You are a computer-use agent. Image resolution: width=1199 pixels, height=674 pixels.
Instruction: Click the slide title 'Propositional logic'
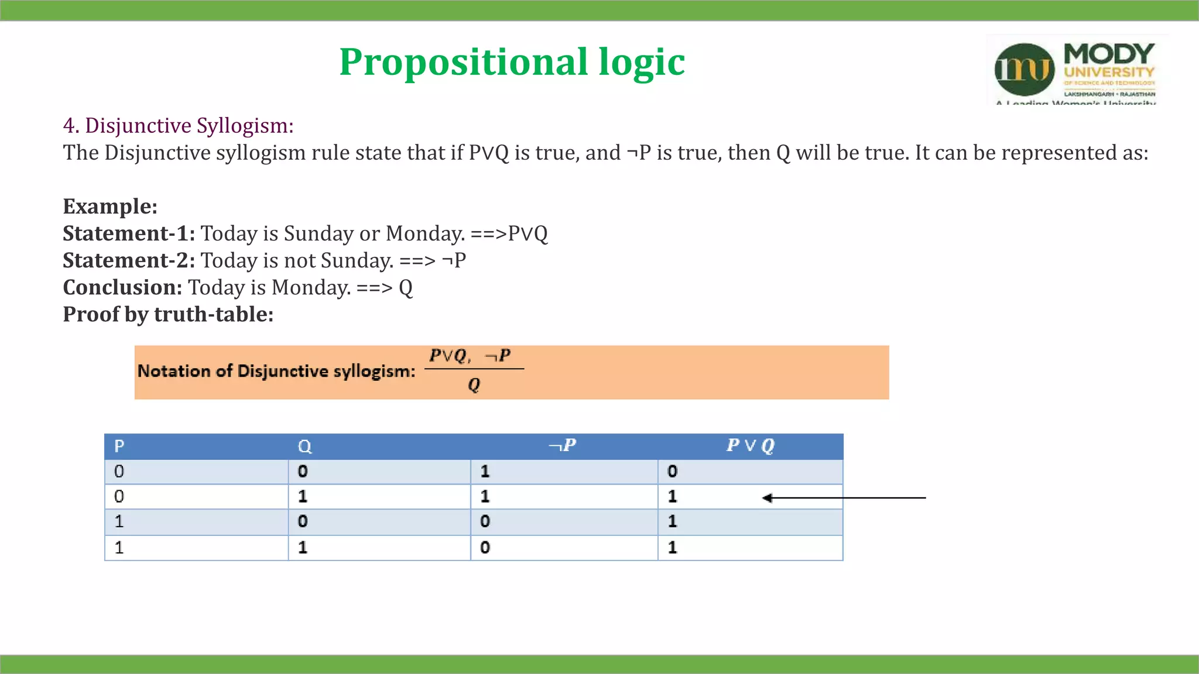(x=512, y=62)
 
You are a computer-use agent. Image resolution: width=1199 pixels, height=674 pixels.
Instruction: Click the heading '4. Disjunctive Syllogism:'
(x=178, y=126)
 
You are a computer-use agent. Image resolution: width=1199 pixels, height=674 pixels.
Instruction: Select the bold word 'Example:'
(x=110, y=207)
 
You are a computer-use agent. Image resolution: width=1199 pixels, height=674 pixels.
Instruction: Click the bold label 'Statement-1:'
(x=129, y=233)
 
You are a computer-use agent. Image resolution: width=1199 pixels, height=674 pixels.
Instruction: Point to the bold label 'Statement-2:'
(x=129, y=260)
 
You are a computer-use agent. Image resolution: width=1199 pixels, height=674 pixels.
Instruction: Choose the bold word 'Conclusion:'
(x=122, y=287)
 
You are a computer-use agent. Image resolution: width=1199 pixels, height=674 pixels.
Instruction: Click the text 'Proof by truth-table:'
(x=168, y=314)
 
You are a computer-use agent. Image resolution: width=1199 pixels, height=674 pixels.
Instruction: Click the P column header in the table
(x=119, y=446)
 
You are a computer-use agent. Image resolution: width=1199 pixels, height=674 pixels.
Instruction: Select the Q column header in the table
(x=304, y=446)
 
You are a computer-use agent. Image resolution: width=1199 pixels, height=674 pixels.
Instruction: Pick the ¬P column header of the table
(x=562, y=446)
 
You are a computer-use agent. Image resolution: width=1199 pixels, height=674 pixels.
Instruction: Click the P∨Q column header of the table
(x=750, y=446)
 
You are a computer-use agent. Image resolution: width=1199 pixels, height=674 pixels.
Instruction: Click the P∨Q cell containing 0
(x=673, y=472)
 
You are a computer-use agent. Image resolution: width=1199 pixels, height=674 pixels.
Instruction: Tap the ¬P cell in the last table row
(x=485, y=548)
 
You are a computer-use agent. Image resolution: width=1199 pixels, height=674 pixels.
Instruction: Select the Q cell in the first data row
(x=303, y=472)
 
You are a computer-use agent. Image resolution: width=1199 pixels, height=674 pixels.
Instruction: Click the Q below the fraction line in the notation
(x=474, y=385)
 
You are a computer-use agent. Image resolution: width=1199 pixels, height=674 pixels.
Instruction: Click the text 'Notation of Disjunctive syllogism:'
(x=276, y=372)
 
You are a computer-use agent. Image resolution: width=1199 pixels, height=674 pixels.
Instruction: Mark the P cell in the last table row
(x=119, y=548)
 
